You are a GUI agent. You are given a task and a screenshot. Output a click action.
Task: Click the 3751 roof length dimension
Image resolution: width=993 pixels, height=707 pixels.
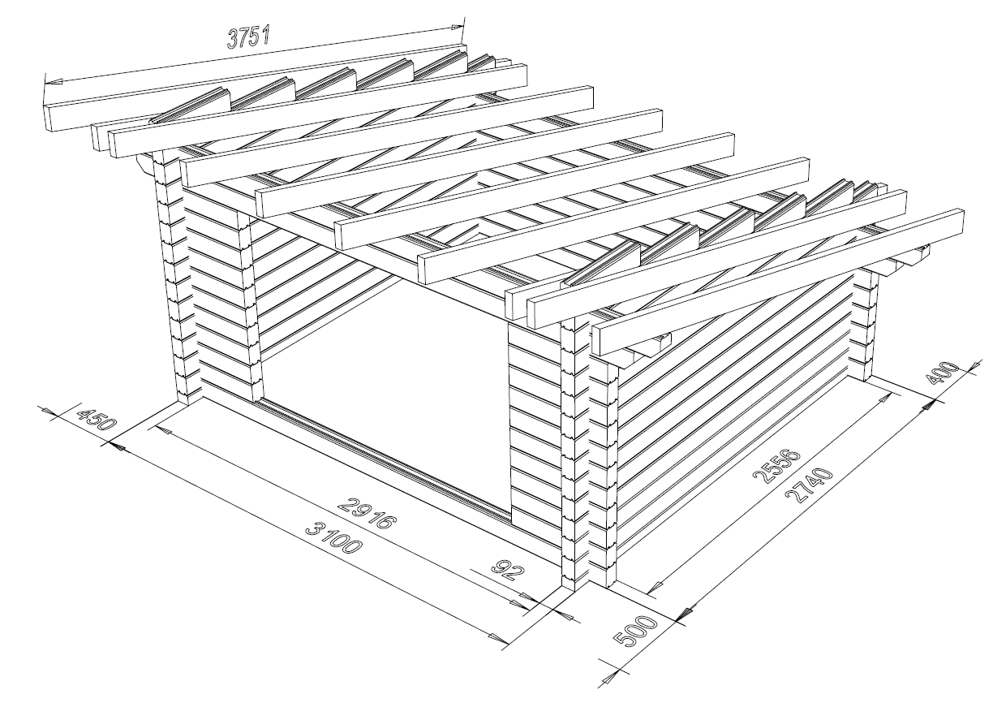point(248,37)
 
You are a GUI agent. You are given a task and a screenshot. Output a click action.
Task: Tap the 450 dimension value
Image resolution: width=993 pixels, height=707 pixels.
point(96,419)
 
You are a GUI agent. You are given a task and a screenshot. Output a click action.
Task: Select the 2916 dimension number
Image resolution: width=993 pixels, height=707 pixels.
point(365,513)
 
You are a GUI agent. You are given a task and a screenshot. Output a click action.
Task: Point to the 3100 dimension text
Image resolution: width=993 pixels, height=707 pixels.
point(333,538)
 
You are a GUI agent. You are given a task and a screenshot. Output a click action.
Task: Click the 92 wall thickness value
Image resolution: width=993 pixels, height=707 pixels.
point(509,571)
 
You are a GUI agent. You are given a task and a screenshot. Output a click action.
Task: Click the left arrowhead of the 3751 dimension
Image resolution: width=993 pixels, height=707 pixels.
point(54,82)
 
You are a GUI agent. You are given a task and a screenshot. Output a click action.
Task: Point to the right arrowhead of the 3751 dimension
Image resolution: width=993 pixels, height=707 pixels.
point(457,28)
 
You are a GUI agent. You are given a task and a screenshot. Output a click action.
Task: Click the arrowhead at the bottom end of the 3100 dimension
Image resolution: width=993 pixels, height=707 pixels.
point(498,639)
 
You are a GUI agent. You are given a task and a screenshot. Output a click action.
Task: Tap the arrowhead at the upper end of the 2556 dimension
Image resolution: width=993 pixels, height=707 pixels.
point(884,398)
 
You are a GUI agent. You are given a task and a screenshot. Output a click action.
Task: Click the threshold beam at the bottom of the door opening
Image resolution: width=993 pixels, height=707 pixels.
point(385,459)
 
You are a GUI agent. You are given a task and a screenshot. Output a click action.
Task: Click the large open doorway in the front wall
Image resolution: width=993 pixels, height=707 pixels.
point(385,382)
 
